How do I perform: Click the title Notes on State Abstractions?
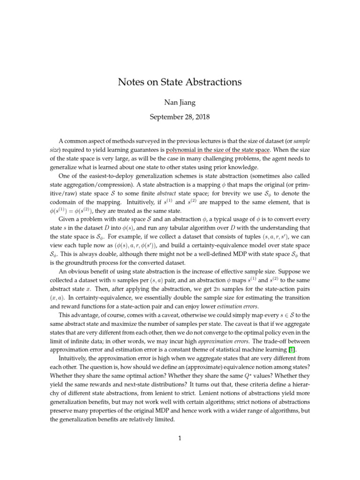pyautogui.click(x=180, y=82)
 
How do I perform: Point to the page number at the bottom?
pyautogui.click(x=180, y=439)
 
